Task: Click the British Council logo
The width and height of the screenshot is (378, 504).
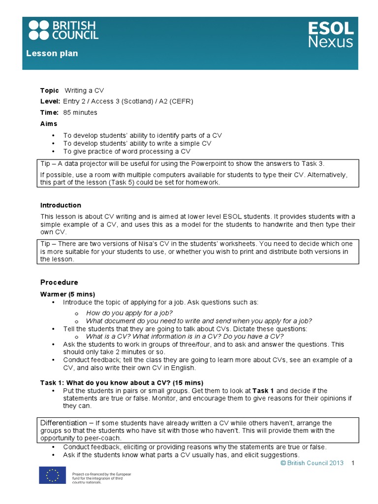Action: point(63,30)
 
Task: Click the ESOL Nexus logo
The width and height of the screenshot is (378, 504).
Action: point(330,34)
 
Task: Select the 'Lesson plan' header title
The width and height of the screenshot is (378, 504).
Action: point(52,53)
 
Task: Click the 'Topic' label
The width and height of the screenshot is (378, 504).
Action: point(49,91)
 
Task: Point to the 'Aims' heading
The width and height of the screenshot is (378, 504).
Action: point(48,124)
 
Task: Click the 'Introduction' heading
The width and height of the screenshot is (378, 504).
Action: point(61,205)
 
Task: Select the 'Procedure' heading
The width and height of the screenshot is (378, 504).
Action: point(59,283)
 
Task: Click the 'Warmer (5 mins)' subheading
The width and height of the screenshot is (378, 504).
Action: point(64,294)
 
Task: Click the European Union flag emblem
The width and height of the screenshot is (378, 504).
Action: point(52,475)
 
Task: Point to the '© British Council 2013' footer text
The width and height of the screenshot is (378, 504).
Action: point(312,463)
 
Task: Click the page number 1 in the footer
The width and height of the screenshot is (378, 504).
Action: point(353,463)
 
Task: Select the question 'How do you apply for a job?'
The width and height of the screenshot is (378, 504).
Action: point(129,313)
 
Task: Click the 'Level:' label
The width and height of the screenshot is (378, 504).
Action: point(50,101)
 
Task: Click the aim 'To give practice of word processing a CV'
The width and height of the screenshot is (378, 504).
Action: point(126,151)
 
